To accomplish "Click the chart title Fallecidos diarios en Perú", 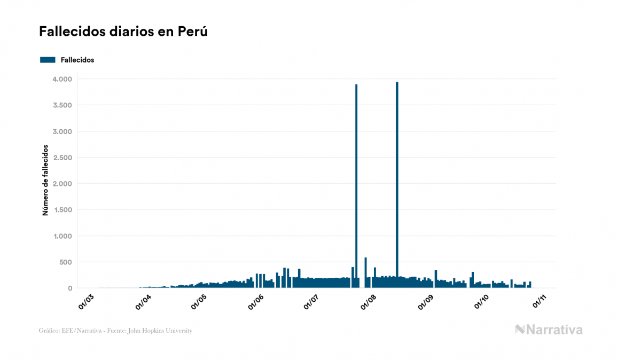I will [x=123, y=32].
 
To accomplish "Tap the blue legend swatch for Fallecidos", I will [x=48, y=60].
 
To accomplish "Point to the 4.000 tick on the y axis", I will [x=62, y=79].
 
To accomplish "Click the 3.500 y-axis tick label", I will [x=62, y=105].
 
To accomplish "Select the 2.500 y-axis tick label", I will [x=62, y=158].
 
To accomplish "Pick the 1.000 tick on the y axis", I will [x=62, y=236].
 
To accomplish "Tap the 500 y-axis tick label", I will [x=65, y=262].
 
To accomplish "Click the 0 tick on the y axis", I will [x=69, y=288].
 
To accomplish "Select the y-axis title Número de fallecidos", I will [x=45, y=180].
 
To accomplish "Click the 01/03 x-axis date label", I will [x=87, y=301].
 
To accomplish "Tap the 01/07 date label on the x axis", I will [x=313, y=301].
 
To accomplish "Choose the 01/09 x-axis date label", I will [x=427, y=301].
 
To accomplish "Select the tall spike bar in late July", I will [x=356, y=187].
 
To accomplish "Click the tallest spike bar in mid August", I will [x=397, y=187].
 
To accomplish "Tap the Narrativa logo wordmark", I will [x=549, y=330].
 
